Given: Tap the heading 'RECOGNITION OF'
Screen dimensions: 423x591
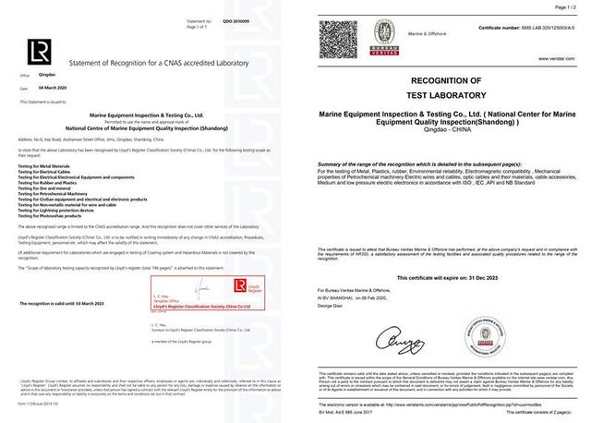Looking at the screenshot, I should (457, 83).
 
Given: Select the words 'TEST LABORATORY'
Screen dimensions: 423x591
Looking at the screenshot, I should (457, 95).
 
